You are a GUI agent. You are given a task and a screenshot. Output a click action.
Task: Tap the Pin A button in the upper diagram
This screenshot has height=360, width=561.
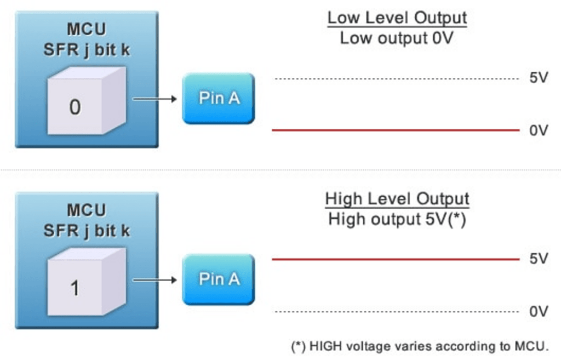pos(219,99)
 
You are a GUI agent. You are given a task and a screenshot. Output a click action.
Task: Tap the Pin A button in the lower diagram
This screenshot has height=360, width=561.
pos(219,279)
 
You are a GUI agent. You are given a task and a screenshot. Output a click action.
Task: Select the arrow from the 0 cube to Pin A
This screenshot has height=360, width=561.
pos(154,99)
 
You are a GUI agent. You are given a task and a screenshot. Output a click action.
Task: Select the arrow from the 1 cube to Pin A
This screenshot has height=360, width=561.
pos(154,280)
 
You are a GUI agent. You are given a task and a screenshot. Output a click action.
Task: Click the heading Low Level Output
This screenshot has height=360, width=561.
pos(397,18)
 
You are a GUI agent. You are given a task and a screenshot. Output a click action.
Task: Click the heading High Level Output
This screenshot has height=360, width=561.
pos(397,198)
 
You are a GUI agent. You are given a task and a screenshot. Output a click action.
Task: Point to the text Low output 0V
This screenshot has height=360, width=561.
pos(397,39)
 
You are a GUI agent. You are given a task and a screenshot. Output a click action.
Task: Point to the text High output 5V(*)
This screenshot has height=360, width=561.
pos(397,220)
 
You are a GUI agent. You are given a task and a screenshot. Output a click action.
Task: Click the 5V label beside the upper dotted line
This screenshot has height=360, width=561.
pos(539,78)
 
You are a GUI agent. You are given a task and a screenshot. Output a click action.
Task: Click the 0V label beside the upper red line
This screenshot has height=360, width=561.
pos(539,131)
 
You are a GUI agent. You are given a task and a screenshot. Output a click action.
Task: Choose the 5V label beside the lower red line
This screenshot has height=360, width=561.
pos(539,259)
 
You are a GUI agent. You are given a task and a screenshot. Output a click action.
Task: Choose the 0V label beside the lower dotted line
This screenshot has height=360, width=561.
pos(539,312)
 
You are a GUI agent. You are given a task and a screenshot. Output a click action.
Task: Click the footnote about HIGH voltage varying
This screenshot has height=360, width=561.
pos(419,346)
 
